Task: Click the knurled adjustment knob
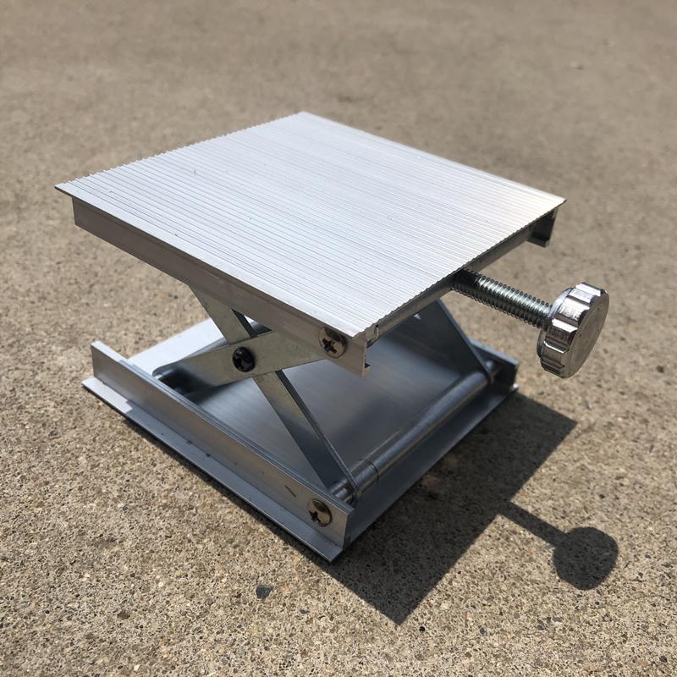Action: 573,329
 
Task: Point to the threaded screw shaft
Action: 503,296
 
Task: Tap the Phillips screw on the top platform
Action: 332,342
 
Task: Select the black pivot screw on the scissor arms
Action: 243,359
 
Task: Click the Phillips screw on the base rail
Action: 320,511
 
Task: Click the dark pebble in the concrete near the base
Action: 264,590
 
